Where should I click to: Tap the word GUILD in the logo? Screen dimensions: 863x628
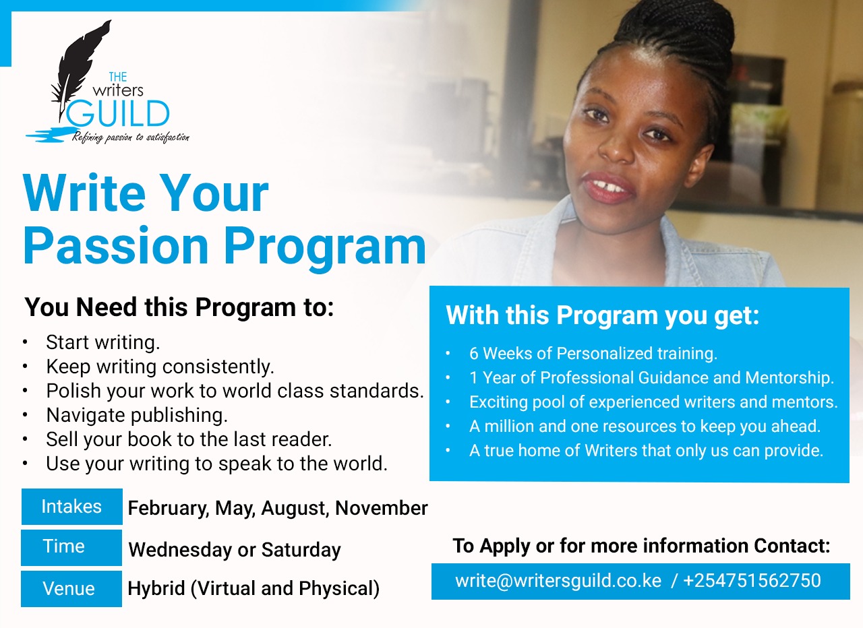click(118, 114)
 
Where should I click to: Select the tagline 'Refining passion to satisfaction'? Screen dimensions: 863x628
click(131, 137)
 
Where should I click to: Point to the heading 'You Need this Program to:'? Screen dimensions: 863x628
click(179, 307)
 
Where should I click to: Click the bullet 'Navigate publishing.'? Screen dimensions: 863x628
click(137, 415)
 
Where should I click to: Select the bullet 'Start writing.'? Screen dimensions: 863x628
click(103, 342)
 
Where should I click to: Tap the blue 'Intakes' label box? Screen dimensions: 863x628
click(72, 507)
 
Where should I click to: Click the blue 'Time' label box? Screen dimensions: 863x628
click(71, 548)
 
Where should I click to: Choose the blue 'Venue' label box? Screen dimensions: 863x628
click(71, 589)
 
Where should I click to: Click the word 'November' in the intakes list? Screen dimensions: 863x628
click(382, 508)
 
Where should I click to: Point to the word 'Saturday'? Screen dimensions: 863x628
click(301, 550)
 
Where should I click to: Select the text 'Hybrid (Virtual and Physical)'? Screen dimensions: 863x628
click(254, 588)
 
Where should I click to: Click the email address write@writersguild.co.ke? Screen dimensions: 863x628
click(558, 580)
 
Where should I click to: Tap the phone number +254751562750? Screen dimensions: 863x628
click(752, 580)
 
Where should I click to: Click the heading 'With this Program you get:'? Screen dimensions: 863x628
click(602, 315)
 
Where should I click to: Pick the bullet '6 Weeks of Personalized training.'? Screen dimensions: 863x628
click(593, 353)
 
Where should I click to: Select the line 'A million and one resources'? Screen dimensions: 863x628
click(645, 427)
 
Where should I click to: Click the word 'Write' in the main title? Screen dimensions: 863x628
click(84, 193)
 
